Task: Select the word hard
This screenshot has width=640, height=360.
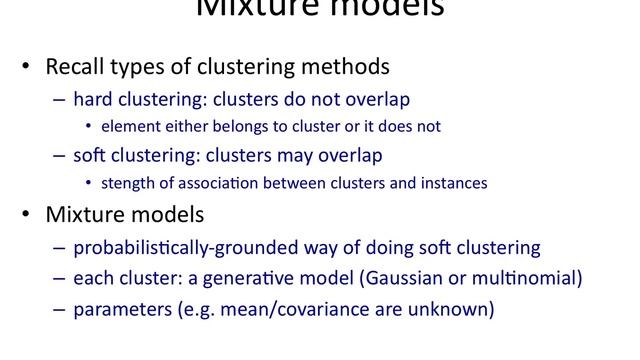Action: pos(93,100)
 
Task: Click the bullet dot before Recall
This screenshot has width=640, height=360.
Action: pos(27,69)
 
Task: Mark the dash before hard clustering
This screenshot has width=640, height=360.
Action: pos(58,100)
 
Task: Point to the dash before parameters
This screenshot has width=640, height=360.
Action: pos(58,310)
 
